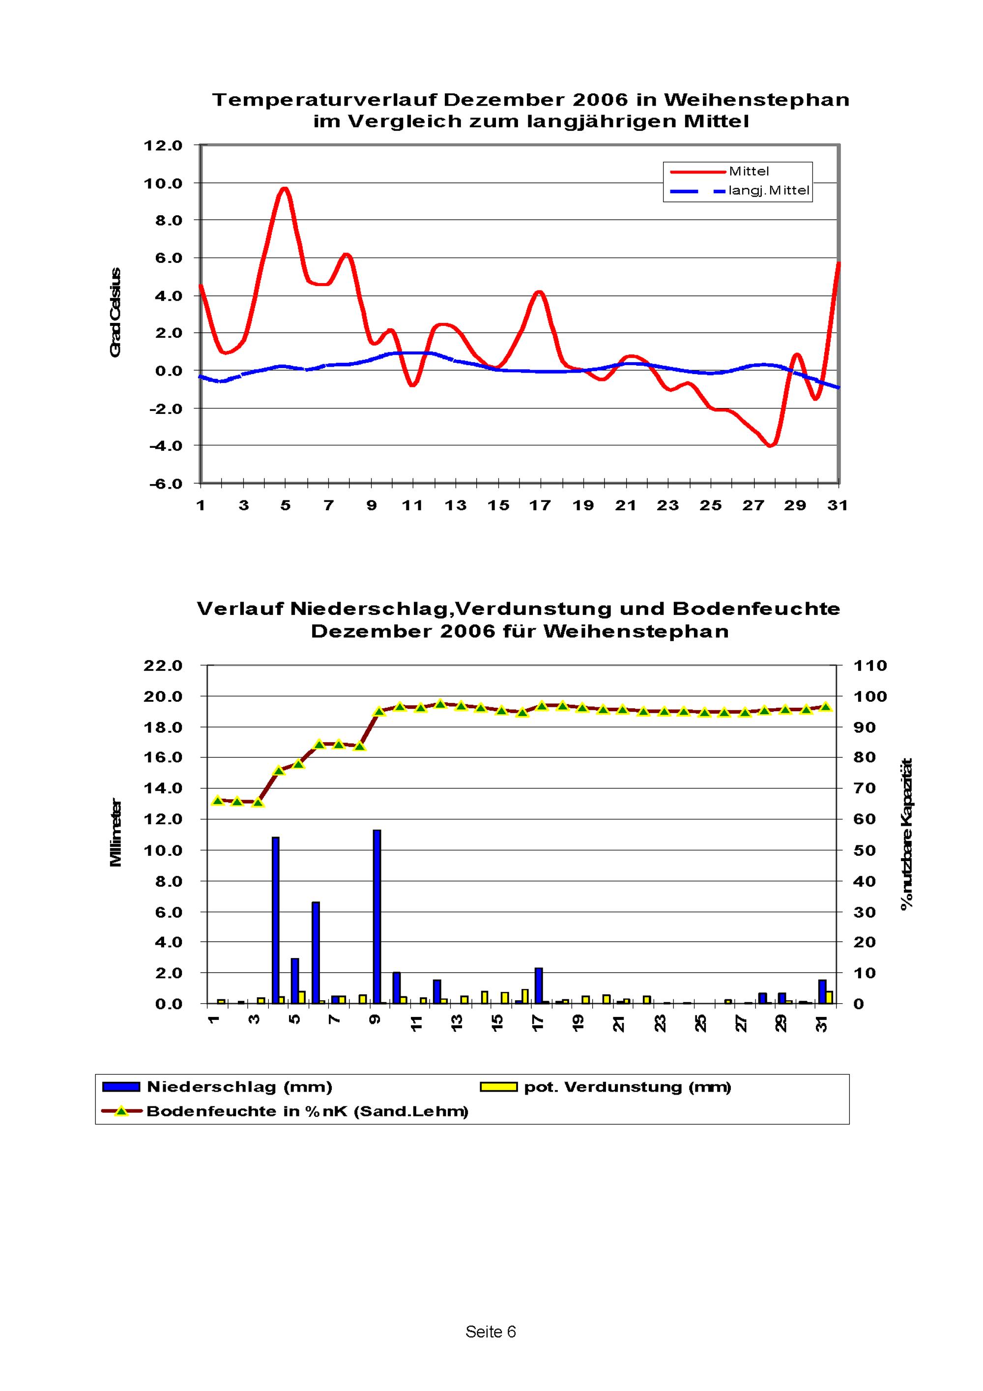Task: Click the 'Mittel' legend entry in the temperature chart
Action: (x=749, y=172)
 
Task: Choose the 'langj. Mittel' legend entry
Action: (x=768, y=191)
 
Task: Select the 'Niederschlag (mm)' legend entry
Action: (x=239, y=1087)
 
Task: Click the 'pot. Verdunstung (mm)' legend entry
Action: (x=628, y=1087)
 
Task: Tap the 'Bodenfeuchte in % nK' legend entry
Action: (x=307, y=1111)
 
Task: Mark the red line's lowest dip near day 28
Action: (x=770, y=446)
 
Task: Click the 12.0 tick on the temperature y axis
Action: (x=163, y=145)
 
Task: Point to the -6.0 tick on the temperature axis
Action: (x=165, y=484)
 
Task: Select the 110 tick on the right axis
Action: (x=870, y=666)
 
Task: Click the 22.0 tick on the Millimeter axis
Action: (x=163, y=666)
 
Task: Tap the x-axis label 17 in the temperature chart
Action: (x=540, y=505)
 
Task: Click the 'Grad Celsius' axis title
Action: (x=116, y=313)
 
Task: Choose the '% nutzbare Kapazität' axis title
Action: (x=907, y=834)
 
